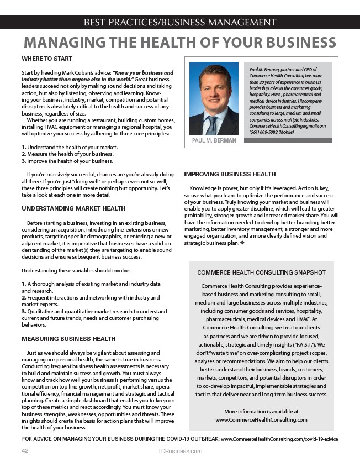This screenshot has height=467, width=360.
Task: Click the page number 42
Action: point(25,451)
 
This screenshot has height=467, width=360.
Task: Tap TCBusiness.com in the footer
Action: point(179,451)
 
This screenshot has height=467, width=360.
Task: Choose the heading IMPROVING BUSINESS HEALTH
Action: point(230,174)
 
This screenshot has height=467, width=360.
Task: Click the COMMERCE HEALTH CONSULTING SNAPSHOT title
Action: point(261,272)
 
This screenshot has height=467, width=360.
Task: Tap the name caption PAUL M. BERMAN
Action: point(214,140)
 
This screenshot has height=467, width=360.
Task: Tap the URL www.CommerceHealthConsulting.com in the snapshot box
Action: point(261,419)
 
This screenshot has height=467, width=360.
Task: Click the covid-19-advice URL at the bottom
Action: point(279,439)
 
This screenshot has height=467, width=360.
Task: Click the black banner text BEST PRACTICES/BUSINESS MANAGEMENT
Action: point(179,22)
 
